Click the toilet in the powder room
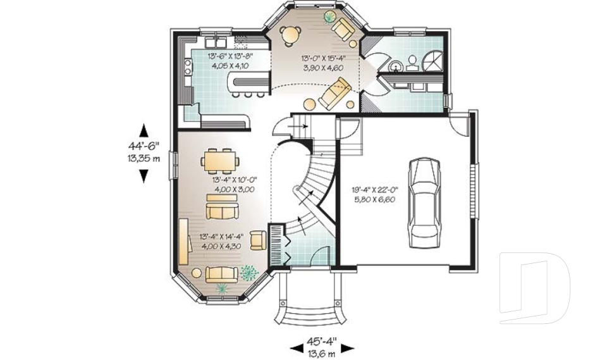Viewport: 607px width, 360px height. click(412, 61)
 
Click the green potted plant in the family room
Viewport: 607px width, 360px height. click(329, 16)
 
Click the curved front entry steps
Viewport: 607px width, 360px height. click(309, 310)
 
